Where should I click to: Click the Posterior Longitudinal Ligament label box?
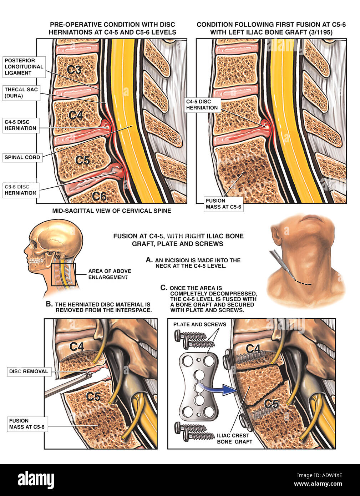[x=24, y=67]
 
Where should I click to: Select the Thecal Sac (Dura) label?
[x=21, y=93]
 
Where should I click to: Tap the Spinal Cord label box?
[x=22, y=157]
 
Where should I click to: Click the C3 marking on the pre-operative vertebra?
[x=74, y=70]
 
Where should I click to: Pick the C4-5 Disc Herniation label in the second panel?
[x=202, y=105]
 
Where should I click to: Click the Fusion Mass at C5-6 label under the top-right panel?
[x=223, y=204]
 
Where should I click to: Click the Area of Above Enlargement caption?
[x=109, y=274]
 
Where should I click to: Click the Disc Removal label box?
[x=29, y=371]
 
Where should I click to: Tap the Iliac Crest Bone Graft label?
[x=234, y=439]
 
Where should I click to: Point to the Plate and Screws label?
[x=199, y=324]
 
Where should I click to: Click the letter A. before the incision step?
[x=149, y=260]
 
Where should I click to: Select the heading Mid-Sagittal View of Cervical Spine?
[x=112, y=211]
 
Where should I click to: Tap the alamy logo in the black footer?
[x=36, y=480]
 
